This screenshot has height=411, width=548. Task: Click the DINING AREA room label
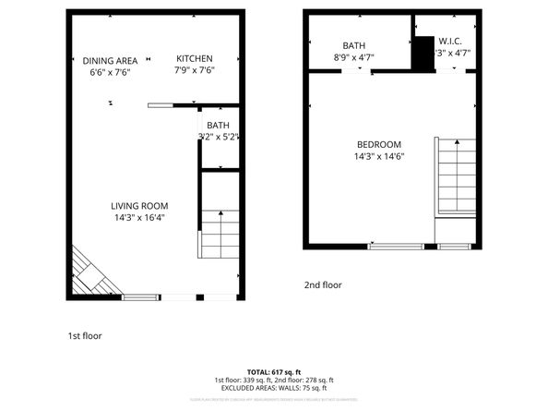(110, 60)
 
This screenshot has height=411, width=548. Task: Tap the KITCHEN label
(194, 58)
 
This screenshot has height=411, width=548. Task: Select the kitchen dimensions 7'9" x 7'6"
(194, 70)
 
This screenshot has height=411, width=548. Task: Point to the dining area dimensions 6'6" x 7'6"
(110, 72)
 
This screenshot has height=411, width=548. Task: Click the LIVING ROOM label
(139, 206)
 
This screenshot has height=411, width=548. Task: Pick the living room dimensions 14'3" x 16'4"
(139, 218)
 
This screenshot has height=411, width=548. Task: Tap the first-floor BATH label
(218, 126)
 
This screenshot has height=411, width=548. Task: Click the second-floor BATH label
(354, 45)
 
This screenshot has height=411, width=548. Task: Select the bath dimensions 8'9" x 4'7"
(354, 57)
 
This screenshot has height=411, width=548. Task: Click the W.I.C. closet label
(449, 42)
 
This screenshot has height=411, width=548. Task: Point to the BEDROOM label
(379, 144)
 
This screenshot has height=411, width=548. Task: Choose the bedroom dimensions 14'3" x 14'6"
(379, 156)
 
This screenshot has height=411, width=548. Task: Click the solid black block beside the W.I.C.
(423, 53)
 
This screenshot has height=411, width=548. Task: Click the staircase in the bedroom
(456, 175)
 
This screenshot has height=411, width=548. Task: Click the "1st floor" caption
(85, 336)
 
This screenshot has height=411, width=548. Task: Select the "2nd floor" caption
(323, 285)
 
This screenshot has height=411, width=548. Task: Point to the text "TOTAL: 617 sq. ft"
(274, 370)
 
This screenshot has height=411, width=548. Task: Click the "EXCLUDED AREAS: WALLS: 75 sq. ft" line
(274, 389)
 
